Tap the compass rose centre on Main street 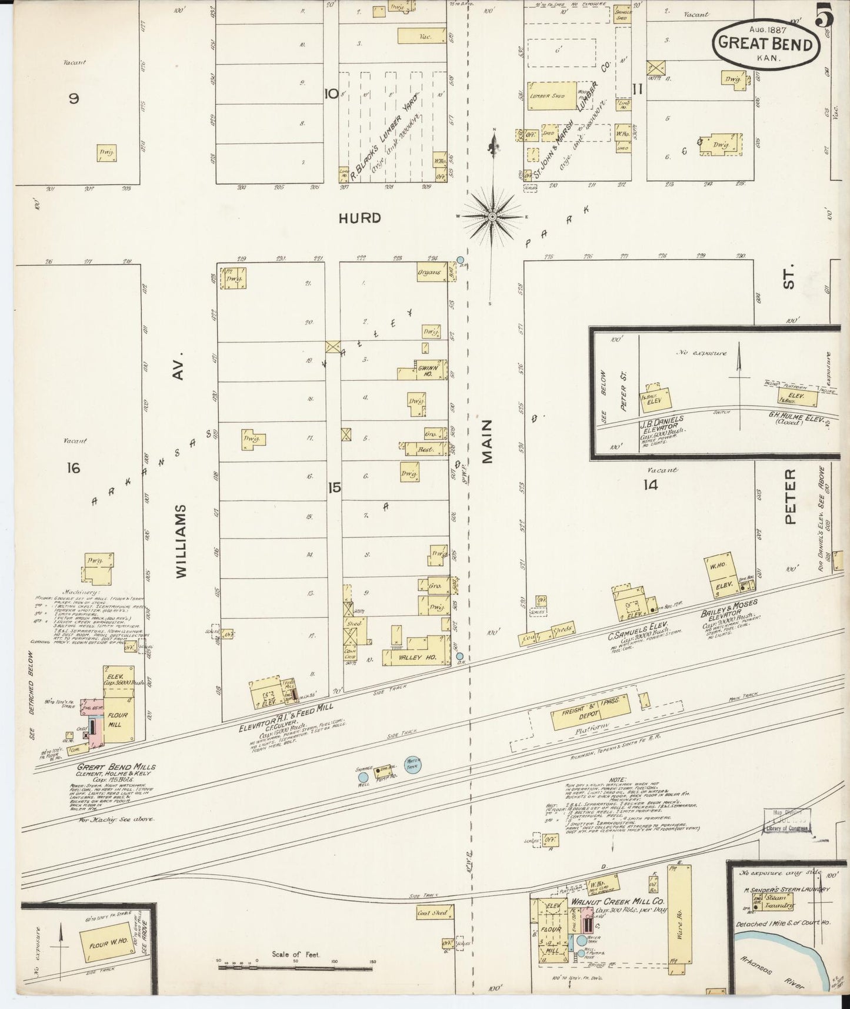tap(491, 217)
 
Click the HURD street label tap(359, 218)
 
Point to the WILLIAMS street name tap(181, 539)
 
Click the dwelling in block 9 tap(106, 153)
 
